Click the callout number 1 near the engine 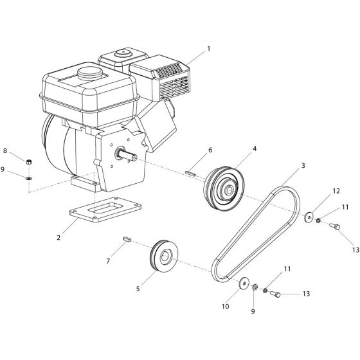[x=209, y=49]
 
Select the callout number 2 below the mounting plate [x=59, y=237]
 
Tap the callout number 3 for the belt [x=303, y=165]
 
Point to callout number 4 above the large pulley [x=255, y=148]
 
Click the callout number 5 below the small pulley [x=138, y=289]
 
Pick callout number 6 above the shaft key [x=210, y=150]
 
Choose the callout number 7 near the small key [x=108, y=261]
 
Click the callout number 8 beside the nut [x=5, y=150]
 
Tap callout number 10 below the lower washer [x=226, y=306]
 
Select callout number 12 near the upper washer [x=336, y=191]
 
